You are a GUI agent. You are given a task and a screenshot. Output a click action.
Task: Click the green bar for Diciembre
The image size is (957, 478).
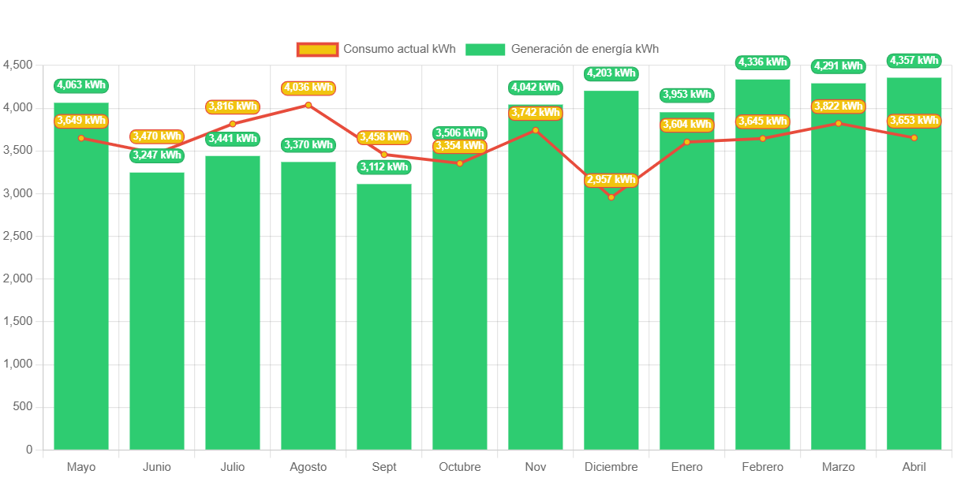611,316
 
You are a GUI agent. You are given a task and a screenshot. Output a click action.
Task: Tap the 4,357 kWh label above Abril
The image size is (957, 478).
914,61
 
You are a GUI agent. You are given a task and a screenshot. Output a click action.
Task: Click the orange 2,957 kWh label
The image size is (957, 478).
611,180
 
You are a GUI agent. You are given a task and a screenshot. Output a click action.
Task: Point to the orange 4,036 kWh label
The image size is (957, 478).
308,88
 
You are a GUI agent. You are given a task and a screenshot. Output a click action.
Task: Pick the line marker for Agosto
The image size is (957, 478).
308,105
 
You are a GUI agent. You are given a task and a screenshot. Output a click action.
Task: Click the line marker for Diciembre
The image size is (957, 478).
611,197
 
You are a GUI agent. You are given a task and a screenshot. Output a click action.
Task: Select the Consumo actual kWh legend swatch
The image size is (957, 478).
317,50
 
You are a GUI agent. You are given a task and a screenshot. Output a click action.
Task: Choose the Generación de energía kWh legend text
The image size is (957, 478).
585,49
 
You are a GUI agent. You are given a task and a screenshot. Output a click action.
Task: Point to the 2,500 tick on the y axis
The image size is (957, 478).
19,236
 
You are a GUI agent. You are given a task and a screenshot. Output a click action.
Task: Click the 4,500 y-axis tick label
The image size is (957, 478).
19,65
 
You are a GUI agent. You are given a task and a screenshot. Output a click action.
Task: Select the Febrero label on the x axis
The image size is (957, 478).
763,467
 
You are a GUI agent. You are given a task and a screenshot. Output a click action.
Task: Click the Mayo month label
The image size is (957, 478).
81,467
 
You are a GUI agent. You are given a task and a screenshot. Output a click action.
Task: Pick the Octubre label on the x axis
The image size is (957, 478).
460,467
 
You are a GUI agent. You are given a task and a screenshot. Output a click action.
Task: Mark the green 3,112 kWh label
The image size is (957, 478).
384,167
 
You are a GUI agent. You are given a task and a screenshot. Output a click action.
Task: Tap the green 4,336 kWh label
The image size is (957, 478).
763,62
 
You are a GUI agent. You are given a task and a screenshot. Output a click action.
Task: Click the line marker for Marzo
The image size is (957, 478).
839,123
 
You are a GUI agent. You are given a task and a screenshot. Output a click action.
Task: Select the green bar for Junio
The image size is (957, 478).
157,316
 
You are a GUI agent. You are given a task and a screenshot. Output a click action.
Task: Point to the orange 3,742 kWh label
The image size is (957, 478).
536,114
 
